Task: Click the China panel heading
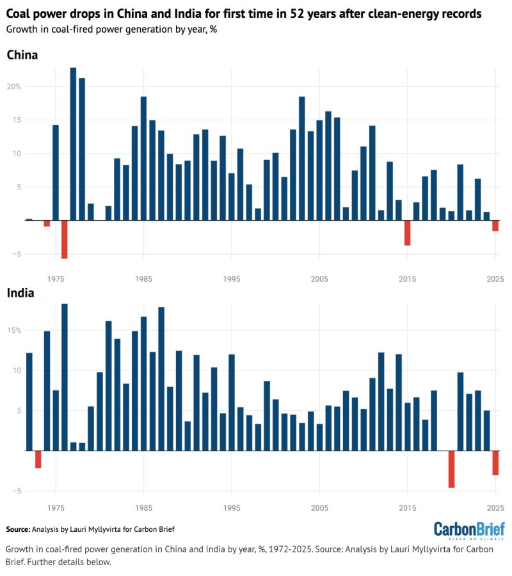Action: [22, 55]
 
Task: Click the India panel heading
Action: [20, 293]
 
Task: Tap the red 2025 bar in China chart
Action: [495, 226]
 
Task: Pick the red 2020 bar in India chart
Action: [451, 469]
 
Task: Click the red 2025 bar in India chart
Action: [495, 463]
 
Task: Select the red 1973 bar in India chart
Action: [38, 460]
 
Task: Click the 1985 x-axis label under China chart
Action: [143, 278]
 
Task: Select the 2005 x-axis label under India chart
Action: [319, 508]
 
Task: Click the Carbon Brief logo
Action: [469, 531]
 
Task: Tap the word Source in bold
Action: [18, 529]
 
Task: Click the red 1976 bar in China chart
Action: [64, 240]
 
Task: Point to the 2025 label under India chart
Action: [495, 508]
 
